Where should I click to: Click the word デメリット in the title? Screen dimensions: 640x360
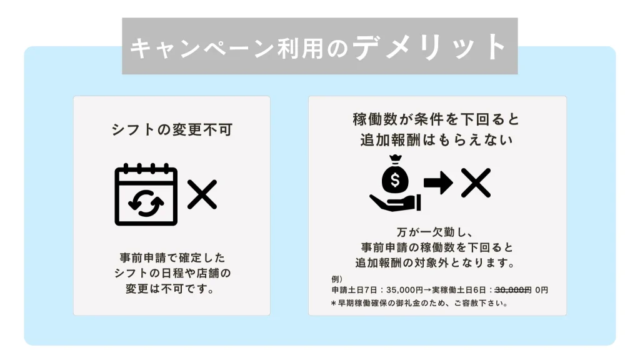429,47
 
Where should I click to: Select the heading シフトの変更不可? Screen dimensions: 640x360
172,130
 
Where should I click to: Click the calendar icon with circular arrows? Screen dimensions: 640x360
146,194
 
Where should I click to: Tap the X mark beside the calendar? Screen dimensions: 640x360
202,194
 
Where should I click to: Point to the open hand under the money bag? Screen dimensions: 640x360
395,203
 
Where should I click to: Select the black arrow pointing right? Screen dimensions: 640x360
438,182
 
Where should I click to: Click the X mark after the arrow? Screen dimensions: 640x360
476,182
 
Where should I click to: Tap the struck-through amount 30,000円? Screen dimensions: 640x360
513,290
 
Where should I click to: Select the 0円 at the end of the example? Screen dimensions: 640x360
542,290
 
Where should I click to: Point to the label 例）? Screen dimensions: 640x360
337,279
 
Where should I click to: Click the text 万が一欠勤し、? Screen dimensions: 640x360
435,232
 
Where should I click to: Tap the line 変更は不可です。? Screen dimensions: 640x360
170,289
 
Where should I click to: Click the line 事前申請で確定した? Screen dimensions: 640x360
172,258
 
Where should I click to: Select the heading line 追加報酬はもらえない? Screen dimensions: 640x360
436,140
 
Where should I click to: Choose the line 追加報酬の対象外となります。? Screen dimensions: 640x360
435,262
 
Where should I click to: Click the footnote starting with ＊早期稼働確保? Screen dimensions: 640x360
419,303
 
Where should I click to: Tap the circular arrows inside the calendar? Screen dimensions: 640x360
146,202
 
